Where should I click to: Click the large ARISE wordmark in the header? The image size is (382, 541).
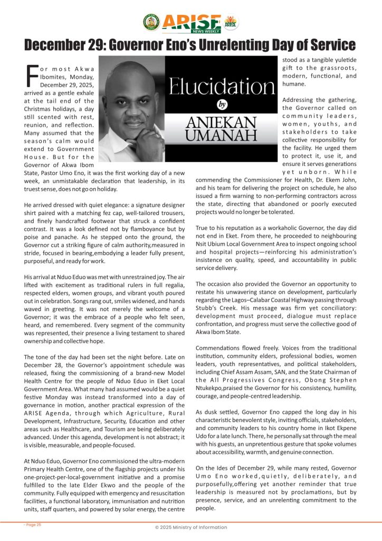point(191,21)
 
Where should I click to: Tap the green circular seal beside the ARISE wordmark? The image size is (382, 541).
point(151,22)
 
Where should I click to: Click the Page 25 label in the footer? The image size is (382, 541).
point(33,525)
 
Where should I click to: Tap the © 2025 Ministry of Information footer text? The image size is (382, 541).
point(191,527)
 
